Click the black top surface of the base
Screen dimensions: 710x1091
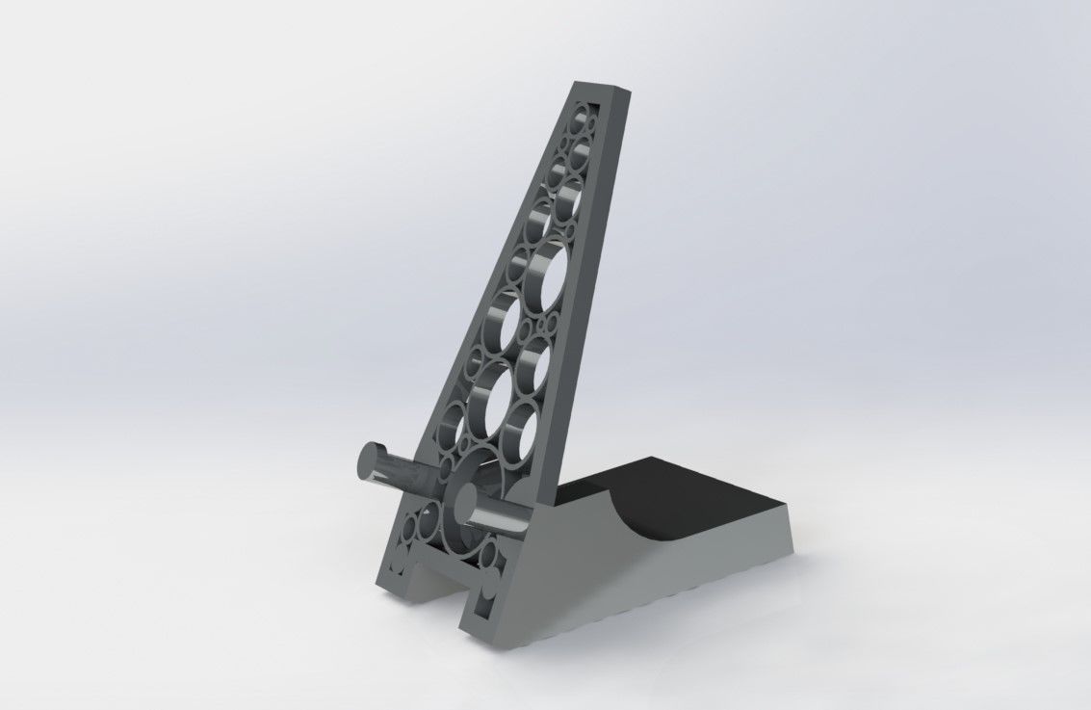703,501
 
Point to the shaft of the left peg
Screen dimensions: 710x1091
404,475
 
